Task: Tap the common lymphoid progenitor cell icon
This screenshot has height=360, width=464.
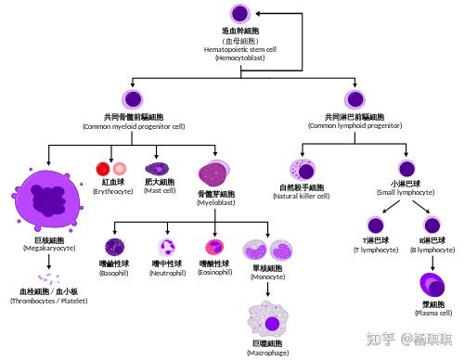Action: pos(355,98)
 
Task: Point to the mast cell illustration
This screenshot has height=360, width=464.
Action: pos(160,169)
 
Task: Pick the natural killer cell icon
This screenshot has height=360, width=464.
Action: pos(303,170)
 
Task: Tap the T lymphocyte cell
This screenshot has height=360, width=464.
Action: pos(376,225)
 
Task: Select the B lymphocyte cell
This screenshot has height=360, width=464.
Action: pos(431,225)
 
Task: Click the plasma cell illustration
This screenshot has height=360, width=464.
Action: pos(432,284)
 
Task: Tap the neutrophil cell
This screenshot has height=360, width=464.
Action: pos(168,247)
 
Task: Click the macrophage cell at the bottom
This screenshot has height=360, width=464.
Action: pos(266,317)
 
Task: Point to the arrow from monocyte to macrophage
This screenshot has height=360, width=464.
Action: pos(266,289)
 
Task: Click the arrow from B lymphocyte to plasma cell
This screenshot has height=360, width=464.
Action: pos(432,261)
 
